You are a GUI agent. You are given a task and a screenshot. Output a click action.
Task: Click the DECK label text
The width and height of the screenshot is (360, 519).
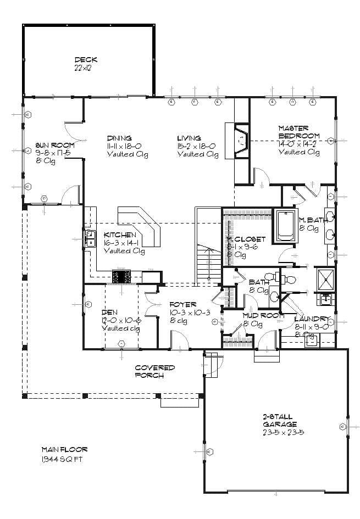pyautogui.click(x=86, y=60)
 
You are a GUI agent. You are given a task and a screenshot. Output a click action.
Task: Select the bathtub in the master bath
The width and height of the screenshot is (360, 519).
pyautogui.click(x=285, y=225)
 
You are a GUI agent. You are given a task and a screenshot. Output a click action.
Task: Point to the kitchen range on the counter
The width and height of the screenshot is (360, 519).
pyautogui.click(x=120, y=277)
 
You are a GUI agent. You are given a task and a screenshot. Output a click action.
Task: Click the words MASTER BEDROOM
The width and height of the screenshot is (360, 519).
pyautogui.click(x=298, y=132)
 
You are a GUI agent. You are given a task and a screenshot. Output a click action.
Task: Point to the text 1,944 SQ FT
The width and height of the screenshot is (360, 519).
pyautogui.click(x=61, y=459)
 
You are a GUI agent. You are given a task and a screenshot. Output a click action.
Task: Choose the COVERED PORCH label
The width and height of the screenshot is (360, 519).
pyautogui.click(x=155, y=371)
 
